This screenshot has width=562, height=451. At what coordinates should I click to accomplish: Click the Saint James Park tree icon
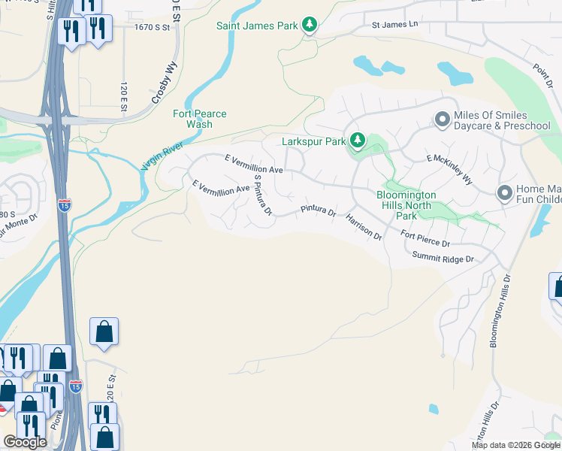[309, 26]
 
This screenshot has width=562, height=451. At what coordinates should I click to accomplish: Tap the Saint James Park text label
[256, 26]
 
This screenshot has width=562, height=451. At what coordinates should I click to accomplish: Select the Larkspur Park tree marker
[358, 141]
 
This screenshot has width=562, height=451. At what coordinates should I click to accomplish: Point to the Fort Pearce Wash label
[200, 119]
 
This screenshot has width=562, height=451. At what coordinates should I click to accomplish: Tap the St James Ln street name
[394, 25]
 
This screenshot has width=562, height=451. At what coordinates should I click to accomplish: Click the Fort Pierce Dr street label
[425, 240]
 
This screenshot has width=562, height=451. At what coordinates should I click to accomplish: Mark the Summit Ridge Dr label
[443, 259]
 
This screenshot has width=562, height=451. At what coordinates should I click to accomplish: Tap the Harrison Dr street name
[364, 226]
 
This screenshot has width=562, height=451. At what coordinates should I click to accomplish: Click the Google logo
[25, 442]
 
